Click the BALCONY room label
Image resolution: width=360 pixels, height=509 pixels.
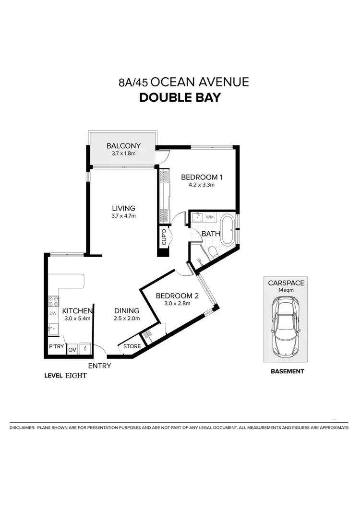pyautogui.click(x=123, y=146)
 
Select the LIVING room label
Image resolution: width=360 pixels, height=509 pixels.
pyautogui.click(x=124, y=208)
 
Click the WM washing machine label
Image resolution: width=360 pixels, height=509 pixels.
pyautogui.click(x=209, y=217)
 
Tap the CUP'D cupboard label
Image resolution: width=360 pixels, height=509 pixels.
pyautogui.click(x=164, y=237)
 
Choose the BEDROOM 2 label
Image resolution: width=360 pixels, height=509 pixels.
pyautogui.click(x=177, y=296)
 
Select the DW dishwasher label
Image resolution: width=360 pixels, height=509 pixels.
pyautogui.click(x=53, y=314)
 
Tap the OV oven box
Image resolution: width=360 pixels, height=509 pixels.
pyautogui.click(x=72, y=350)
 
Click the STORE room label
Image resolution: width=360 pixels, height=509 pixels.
pyautogui.click(x=132, y=346)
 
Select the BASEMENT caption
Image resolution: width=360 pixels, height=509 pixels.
pyautogui.click(x=287, y=371)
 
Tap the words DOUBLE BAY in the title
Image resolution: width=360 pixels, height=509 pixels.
pyautogui.click(x=180, y=97)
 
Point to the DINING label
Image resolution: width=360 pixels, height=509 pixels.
pyautogui.click(x=127, y=311)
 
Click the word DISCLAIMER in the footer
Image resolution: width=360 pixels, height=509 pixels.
pyautogui.click(x=22, y=427)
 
